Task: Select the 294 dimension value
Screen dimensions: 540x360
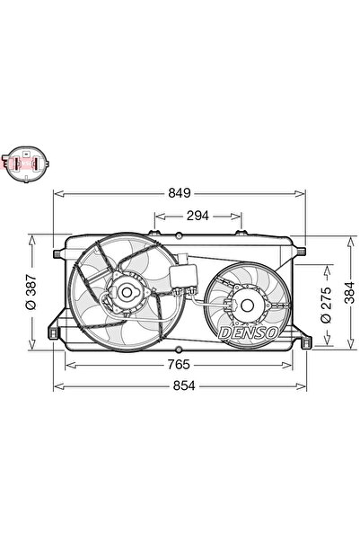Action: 198,216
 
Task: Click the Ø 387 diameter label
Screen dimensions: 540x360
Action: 31,293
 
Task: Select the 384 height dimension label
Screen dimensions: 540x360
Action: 350,293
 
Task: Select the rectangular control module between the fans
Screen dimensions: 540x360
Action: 187,272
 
